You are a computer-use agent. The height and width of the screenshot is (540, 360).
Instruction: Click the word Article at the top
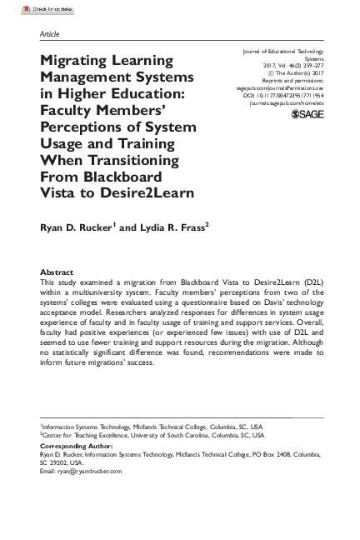point(49,33)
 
